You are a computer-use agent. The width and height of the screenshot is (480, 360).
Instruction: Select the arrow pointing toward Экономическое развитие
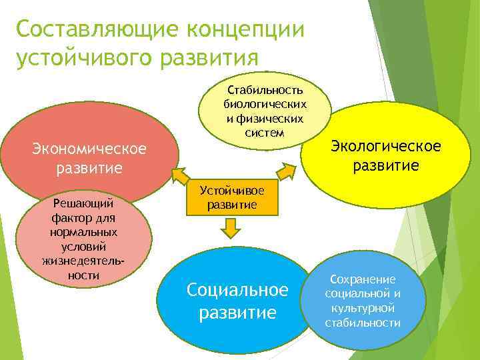[179, 175]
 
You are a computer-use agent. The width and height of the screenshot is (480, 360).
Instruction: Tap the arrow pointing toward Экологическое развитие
[285, 171]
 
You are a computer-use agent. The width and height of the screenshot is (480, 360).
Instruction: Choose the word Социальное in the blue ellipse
[237, 290]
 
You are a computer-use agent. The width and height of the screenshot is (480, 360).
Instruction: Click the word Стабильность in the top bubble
[265, 90]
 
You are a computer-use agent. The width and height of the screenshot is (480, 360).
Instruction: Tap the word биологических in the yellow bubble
[265, 104]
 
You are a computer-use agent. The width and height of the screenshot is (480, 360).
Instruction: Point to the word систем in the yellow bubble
[265, 132]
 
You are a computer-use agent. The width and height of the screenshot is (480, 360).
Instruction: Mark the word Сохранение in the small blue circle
[362, 279]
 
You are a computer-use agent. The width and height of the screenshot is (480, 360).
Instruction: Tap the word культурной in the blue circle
[362, 309]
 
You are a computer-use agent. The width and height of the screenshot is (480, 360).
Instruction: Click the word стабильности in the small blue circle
[362, 323]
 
